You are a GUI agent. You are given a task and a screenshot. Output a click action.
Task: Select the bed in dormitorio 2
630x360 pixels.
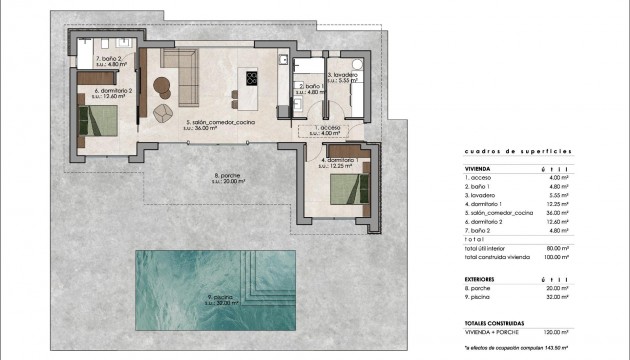100,121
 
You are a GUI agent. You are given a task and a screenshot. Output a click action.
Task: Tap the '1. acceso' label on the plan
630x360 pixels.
331,129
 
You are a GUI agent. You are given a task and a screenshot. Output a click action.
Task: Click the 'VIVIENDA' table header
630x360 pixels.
478,169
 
